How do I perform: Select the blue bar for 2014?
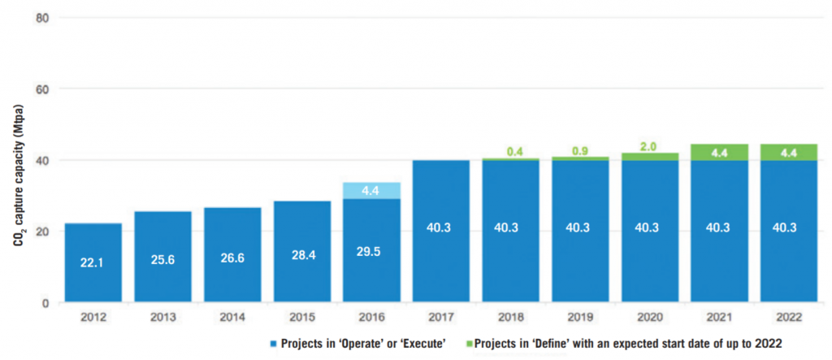pos(232,256)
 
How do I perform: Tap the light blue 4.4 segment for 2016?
pos(371,190)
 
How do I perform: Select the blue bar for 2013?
pos(162,256)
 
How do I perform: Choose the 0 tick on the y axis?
pos(45,303)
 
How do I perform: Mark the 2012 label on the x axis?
pos(93,317)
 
